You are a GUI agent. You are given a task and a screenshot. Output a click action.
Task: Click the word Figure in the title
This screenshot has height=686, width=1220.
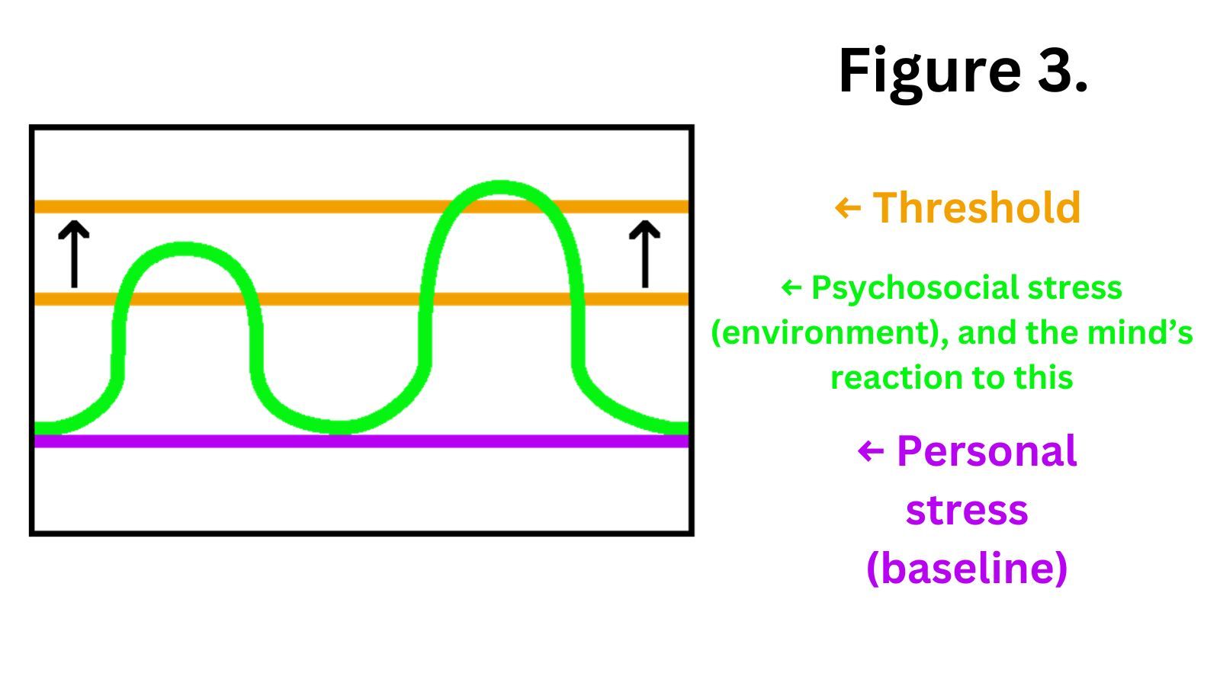pyautogui.click(x=929, y=70)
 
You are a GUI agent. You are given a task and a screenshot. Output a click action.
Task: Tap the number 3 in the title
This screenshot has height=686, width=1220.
pyautogui.click(x=1056, y=70)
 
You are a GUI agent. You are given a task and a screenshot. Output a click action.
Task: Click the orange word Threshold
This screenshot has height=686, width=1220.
pyautogui.click(x=977, y=207)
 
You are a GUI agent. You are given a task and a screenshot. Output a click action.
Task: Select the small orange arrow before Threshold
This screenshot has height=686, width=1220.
pyautogui.click(x=847, y=207)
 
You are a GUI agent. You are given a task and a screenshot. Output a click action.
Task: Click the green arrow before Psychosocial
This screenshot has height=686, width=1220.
pyautogui.click(x=791, y=288)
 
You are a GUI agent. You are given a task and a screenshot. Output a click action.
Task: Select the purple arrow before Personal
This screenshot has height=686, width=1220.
pyautogui.click(x=870, y=451)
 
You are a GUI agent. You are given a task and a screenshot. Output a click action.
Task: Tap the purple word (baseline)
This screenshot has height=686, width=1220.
pyautogui.click(x=967, y=569)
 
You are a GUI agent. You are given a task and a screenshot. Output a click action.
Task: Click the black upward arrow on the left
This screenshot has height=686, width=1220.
pyautogui.click(x=74, y=254)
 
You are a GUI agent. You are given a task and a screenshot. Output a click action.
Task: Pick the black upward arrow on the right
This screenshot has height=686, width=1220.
pyautogui.click(x=644, y=254)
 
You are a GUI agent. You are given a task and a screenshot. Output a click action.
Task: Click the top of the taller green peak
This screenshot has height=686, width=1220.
pyautogui.click(x=500, y=188)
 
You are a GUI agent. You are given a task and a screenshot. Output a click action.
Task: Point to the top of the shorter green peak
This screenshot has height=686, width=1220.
pyautogui.click(x=185, y=249)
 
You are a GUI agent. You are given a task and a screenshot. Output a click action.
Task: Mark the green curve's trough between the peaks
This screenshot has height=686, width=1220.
pyautogui.click(x=338, y=427)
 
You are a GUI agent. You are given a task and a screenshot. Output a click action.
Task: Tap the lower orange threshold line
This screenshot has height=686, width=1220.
pyautogui.click(x=343, y=299)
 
